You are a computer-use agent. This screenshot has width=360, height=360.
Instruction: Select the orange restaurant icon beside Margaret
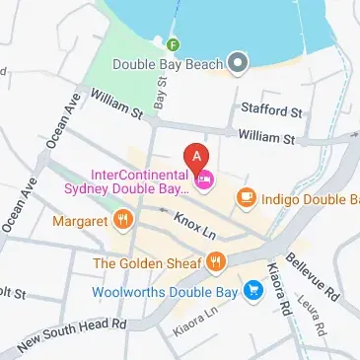(123, 220)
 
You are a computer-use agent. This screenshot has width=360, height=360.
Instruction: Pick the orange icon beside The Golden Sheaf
(217, 262)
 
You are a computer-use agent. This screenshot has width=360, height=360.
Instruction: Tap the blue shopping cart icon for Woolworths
(253, 290)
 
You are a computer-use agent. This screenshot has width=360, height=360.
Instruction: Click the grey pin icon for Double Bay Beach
(237, 64)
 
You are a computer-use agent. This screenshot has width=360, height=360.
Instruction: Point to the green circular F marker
(174, 44)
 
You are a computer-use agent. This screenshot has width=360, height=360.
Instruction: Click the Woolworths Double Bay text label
(180, 291)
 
